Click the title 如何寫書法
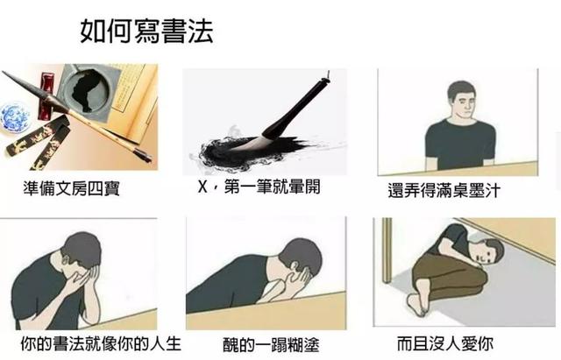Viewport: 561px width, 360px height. pos(146,32)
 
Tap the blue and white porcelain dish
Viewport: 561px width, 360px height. pos(13,116)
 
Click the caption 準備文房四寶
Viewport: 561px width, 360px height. pos(72,188)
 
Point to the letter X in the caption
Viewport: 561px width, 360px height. pos(202,187)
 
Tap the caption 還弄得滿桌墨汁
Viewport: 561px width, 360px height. pos(444,190)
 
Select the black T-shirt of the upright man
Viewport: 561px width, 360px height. pos(460,145)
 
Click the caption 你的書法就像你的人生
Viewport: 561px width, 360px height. pos(101,343)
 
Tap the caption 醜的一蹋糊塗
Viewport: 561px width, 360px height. pos(271,344)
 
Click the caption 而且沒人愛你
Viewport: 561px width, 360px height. pos(445,343)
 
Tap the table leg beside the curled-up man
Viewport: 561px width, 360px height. pos(387,251)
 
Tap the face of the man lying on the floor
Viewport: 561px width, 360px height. pos(481,255)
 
